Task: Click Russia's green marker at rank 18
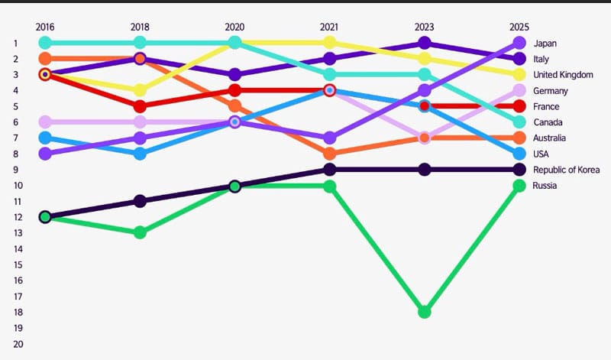[425, 312]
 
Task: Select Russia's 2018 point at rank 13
[140, 232]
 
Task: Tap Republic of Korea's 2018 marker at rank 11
[140, 201]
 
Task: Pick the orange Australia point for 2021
[329, 154]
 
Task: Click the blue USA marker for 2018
[140, 154]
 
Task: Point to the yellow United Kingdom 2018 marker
[140, 90]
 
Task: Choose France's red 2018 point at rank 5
[140, 106]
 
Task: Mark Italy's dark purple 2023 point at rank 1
[425, 43]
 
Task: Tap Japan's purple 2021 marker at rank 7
[329, 138]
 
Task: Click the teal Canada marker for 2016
[45, 43]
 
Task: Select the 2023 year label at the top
[425, 26]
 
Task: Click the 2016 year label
[45, 26]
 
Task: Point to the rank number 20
[18, 344]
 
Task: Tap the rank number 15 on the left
[18, 264]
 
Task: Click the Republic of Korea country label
[566, 170]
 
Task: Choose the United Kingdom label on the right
[564, 75]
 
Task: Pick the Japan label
[545, 43]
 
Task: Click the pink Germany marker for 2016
[45, 122]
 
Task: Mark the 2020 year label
[234, 26]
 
